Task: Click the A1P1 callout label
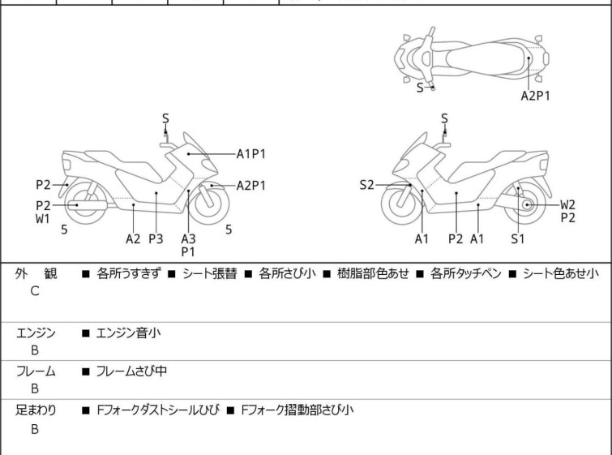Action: [x=251, y=154]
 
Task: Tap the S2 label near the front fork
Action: [x=366, y=185]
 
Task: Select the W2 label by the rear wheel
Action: [x=567, y=204]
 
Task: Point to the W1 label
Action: [x=43, y=219]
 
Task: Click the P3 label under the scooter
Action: [x=156, y=238]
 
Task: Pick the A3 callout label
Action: [x=188, y=238]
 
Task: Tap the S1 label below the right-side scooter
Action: [x=517, y=238]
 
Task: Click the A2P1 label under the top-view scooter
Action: [x=536, y=96]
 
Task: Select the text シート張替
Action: [x=210, y=273]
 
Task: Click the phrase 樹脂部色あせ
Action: [x=373, y=273]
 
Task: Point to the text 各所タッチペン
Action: [x=465, y=273]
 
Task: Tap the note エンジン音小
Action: [x=128, y=333]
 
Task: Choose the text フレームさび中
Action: [x=131, y=371]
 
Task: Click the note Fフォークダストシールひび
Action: [x=158, y=410]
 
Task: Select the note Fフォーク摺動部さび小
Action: [x=297, y=410]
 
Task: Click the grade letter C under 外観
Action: [x=35, y=291]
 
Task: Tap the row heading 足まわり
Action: [x=36, y=410]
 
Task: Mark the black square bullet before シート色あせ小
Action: [x=512, y=274]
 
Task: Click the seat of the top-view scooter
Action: [x=486, y=58]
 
